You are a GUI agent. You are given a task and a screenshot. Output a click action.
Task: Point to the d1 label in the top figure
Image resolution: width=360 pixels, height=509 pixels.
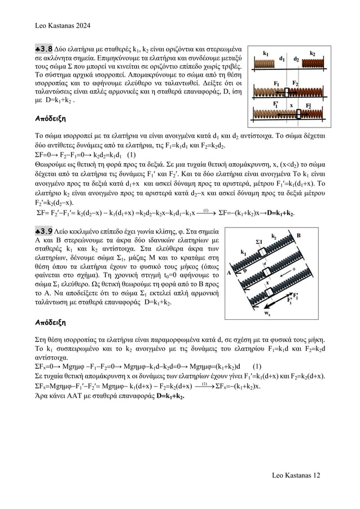click(x=282, y=58)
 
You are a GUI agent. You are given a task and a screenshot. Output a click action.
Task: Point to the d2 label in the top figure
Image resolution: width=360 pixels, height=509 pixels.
click(x=297, y=58)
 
